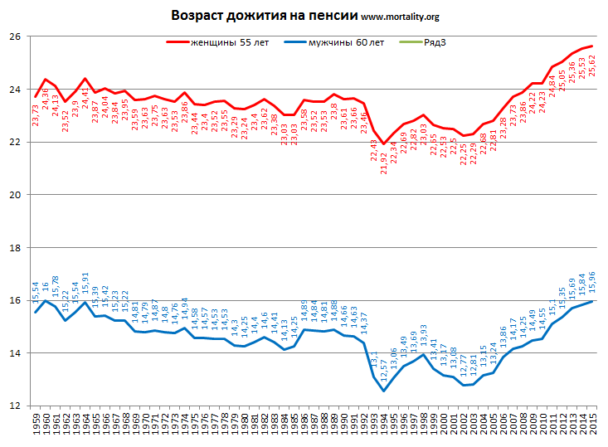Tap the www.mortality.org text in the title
pyautogui.click(x=401, y=17)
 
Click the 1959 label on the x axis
pyautogui.click(x=36, y=425)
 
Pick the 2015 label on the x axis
pyautogui.click(x=591, y=425)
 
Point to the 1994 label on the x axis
pyautogui.click(x=383, y=425)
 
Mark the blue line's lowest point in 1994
pyautogui.click(x=383, y=391)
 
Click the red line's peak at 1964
pyautogui.click(x=85, y=79)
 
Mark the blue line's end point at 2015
pyautogui.click(x=591, y=301)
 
